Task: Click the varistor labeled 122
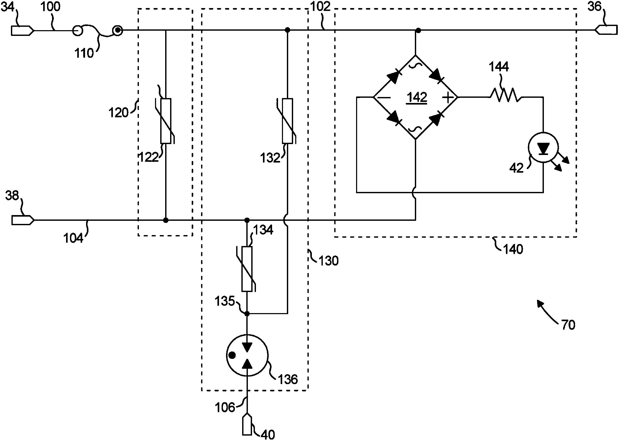pos(165,121)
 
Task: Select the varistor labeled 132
pos(287,121)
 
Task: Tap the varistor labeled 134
pos(247,269)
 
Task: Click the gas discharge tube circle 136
pos(247,355)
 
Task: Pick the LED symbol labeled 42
pos(543,148)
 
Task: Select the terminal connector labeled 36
pos(607,30)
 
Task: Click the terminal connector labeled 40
pos(247,428)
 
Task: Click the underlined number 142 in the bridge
pos(417,98)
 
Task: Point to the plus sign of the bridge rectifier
pos(448,97)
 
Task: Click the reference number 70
pos(568,325)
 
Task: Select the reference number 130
pos(328,261)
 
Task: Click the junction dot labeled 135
pos(247,314)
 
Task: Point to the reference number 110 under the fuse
pos(84,53)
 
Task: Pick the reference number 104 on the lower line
pos(73,238)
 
